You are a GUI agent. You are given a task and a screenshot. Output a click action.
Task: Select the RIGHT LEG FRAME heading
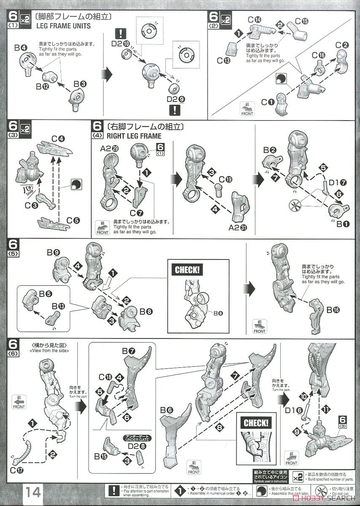click(134, 136)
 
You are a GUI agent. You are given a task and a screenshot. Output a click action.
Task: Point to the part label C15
click(301, 21)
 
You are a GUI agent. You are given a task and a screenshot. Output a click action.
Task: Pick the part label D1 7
click(338, 182)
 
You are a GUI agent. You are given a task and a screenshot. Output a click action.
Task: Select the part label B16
click(335, 310)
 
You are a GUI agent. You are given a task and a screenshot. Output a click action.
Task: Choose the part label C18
click(105, 377)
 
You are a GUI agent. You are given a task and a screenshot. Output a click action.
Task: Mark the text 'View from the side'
click(49, 350)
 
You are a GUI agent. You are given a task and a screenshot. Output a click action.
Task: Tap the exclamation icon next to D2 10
click(122, 33)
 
